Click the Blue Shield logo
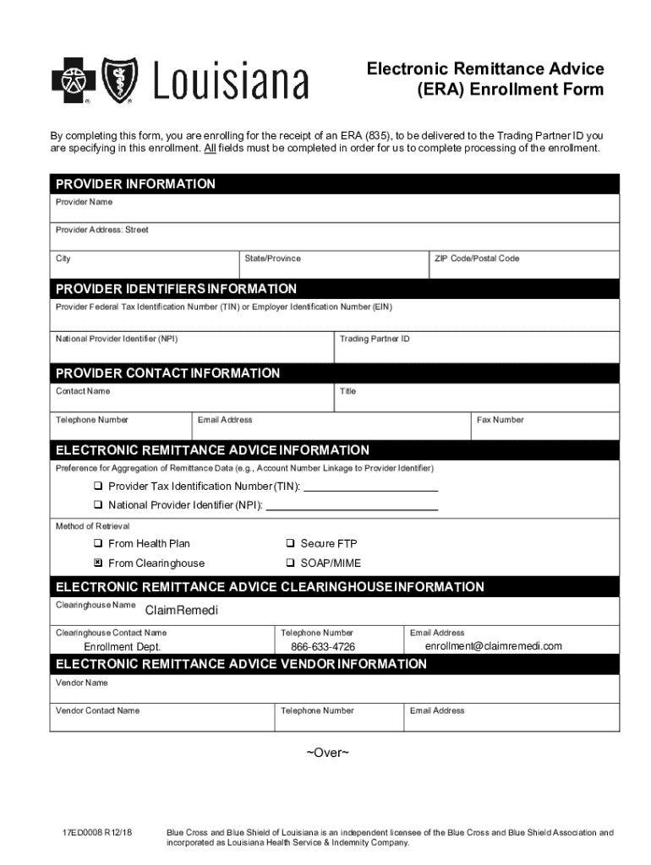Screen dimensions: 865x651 tap(119, 81)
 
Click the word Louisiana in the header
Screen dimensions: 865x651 tap(231, 83)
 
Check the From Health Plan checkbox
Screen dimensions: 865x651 tap(98, 544)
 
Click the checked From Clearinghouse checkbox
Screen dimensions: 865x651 tap(98, 563)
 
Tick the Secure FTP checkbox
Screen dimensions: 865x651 tap(290, 544)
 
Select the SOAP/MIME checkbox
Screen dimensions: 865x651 tap(290, 563)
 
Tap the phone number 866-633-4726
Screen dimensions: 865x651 tap(323, 647)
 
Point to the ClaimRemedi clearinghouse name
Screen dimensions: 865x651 tap(181, 610)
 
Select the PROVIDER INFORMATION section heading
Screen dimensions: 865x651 tap(135, 184)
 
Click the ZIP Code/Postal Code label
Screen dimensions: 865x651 tap(476, 258)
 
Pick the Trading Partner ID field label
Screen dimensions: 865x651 tap(375, 339)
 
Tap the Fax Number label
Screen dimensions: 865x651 tap(500, 420)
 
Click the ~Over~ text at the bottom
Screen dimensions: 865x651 tap(326, 752)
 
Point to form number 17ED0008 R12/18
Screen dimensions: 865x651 tap(97, 833)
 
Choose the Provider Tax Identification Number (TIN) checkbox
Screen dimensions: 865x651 tap(98, 487)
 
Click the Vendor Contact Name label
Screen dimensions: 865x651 tap(97, 710)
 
